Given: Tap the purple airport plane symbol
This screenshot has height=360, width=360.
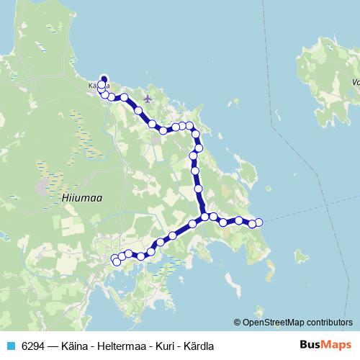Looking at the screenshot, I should pos(148,98).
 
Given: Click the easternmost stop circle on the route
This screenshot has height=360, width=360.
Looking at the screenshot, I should pos(259,222).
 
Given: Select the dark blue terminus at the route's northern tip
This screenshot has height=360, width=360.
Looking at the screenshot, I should pos(103,79).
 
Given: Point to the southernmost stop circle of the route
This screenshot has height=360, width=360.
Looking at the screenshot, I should pos(117,262).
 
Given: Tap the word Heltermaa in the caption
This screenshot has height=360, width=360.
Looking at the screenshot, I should pos(108,345).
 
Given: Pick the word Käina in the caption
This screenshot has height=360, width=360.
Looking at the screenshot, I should pos(73,345).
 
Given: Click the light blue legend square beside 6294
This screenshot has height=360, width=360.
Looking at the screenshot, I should pos(9,345).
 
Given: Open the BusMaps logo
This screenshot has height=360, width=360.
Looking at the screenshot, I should pos(326,344).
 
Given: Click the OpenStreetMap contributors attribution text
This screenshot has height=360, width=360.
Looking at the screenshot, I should pos(297,322).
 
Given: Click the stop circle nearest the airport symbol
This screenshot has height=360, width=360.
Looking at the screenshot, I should pos(138,110).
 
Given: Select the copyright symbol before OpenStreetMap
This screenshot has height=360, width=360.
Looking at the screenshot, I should pos(238,322).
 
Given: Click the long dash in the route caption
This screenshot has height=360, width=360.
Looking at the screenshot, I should pos(52,345).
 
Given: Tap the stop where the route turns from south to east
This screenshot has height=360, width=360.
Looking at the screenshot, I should pos(205,216).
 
